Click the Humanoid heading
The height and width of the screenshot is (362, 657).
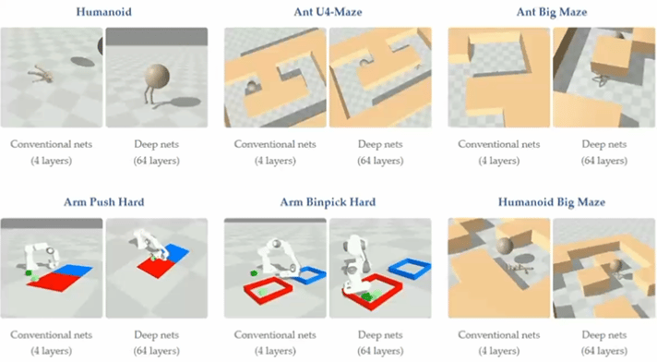tap(104, 12)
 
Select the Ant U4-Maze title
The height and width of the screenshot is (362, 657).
tap(328, 12)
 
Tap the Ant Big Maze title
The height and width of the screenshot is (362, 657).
tap(552, 12)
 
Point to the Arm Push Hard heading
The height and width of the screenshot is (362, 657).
tap(104, 202)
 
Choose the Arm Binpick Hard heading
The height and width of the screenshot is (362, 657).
tap(328, 202)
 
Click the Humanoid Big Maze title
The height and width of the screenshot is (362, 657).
tap(552, 202)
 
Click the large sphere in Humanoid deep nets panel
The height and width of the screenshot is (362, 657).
tap(157, 77)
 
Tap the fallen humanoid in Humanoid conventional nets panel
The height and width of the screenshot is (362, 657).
tap(42, 74)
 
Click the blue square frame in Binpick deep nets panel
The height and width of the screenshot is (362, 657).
tap(410, 262)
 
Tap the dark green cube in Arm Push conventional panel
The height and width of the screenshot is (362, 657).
tap(29, 273)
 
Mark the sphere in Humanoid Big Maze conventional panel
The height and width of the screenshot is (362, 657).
tap(505, 246)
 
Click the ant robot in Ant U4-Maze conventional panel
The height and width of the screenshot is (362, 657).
tap(252, 87)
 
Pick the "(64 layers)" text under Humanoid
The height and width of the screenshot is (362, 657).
tap(157, 161)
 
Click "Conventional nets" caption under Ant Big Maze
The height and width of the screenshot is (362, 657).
tap(498, 144)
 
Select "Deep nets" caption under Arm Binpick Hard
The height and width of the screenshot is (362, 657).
tap(380, 334)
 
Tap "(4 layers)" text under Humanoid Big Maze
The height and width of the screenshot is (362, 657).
tap(498, 351)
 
